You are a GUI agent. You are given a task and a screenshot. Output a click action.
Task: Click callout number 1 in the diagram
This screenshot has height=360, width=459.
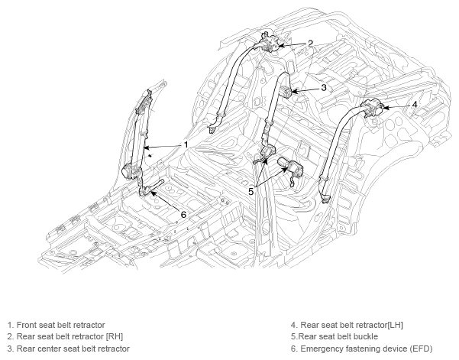coord(186,144)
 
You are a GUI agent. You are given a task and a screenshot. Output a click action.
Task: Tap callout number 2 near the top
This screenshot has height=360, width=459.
coord(311,44)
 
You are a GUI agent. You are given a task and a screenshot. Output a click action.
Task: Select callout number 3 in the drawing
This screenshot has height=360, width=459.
coord(324,87)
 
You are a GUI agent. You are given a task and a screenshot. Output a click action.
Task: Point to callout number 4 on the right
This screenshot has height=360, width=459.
coord(415,104)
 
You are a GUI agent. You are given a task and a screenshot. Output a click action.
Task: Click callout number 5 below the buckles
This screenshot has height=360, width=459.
coord(251,192)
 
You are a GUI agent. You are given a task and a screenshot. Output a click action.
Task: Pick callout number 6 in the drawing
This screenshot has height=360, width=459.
coord(183,215)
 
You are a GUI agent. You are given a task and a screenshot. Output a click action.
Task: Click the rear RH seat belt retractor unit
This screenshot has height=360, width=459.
coord(270,43)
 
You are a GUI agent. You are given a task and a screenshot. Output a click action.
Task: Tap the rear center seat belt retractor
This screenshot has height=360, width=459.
coord(286,92)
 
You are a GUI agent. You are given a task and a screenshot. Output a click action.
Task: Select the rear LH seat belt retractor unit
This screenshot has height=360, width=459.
coord(372,108)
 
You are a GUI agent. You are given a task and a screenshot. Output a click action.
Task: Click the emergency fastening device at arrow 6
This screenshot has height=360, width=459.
coord(145,190)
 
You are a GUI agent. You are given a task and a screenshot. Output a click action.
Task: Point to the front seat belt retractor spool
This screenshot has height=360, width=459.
coord(131,171)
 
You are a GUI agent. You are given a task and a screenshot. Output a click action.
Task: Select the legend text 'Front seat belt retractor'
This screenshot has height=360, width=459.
coord(60,325)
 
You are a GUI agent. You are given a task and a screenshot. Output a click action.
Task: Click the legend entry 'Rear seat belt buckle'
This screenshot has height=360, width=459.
coord(338,336)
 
